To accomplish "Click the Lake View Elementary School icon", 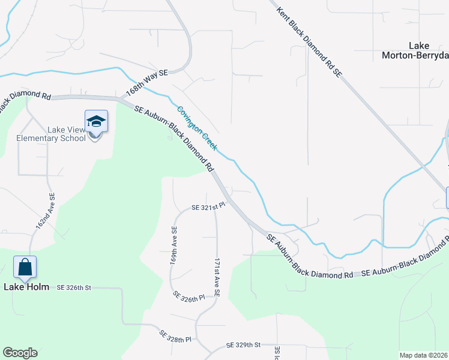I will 96,122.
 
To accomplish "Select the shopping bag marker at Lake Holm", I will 25,267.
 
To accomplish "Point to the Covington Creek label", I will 197,128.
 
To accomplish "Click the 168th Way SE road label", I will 147,83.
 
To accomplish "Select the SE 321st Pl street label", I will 208,206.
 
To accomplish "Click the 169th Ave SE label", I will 173,246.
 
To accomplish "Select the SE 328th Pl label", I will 175,335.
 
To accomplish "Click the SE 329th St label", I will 244,345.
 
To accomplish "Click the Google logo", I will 20,353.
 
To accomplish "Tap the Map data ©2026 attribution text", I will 423,355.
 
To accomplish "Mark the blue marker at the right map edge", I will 448,197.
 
